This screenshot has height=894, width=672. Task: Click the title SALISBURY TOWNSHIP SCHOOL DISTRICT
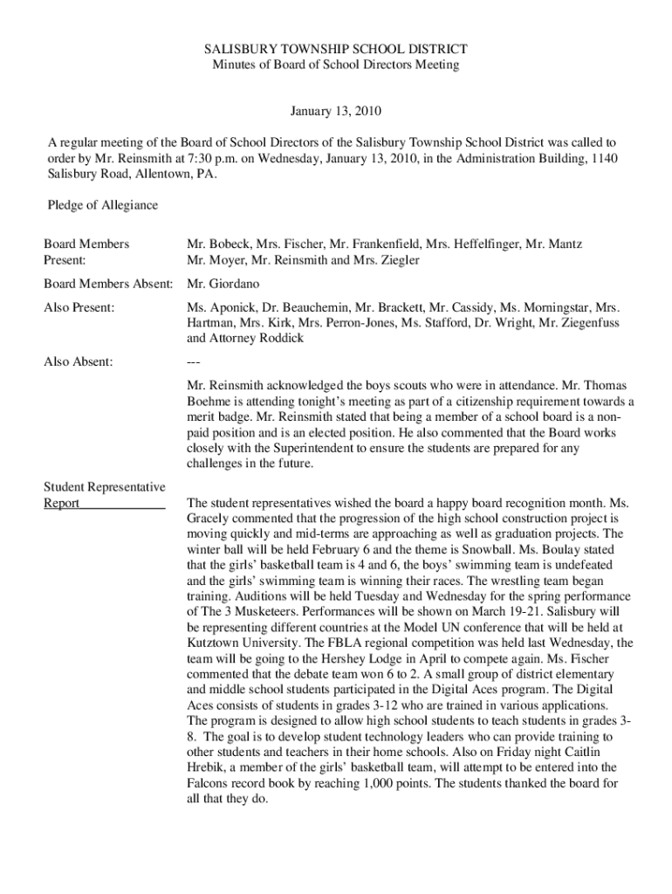[336, 50]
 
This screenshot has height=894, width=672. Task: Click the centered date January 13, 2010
[336, 112]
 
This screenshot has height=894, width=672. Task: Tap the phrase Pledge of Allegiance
[102, 205]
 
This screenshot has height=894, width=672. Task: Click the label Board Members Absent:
[110, 284]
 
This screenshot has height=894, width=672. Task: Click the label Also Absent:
[79, 361]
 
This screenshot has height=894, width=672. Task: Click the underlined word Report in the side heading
[62, 503]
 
